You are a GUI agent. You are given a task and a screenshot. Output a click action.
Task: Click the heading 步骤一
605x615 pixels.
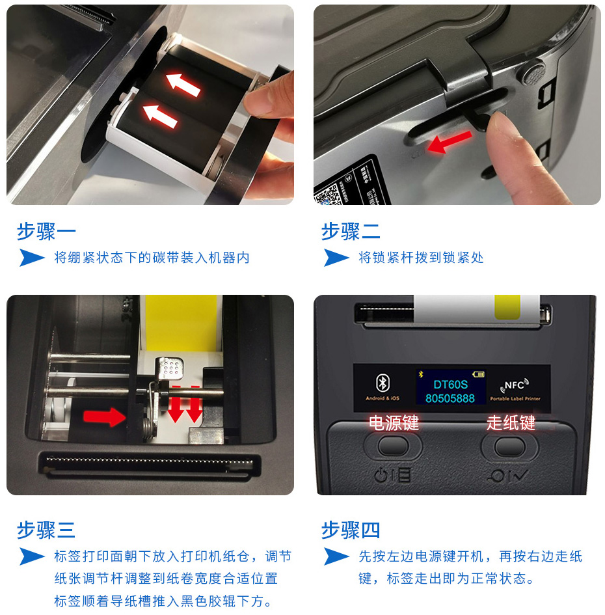pos(46,231)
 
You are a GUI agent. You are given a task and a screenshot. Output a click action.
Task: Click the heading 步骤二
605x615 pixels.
pos(351,231)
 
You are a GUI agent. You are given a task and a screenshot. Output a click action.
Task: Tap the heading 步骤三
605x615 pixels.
pos(46,530)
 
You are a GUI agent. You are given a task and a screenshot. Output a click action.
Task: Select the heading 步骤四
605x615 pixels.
pos(351,530)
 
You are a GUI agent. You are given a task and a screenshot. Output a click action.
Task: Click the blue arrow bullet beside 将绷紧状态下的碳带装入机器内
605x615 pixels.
pos(31,258)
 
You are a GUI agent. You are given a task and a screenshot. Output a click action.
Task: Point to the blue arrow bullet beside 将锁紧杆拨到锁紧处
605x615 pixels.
pos(336,258)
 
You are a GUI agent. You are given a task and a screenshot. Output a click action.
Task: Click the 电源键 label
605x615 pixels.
pos(393,423)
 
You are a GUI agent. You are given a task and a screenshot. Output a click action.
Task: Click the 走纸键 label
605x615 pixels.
pos(511,423)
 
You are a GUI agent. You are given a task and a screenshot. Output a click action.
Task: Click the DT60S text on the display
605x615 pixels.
pos(450,385)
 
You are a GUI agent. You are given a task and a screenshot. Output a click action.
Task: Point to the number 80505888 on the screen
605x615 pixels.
pos(450,398)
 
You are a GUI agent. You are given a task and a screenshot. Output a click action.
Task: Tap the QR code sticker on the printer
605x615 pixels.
pos(329,193)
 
